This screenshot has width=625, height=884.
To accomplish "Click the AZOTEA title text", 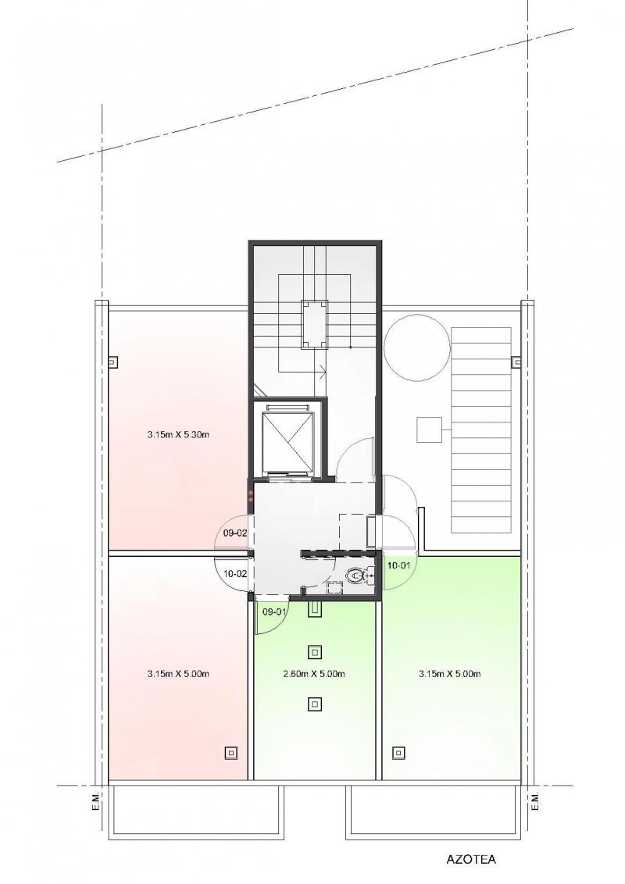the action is click(471, 859).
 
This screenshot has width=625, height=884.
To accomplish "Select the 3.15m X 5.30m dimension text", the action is click(178, 435).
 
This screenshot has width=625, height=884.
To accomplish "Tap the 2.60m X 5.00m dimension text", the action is click(314, 674).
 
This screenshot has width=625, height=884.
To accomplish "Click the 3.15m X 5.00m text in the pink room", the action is click(178, 673).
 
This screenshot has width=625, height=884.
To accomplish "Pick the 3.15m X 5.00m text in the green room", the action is click(449, 673).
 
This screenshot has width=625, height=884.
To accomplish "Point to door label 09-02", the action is click(235, 533).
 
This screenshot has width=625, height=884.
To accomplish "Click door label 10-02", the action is click(235, 573).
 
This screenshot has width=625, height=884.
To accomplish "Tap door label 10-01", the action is click(398, 565).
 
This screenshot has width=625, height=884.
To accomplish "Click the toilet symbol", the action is click(356, 575).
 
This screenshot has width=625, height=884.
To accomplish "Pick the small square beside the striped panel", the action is click(429, 430).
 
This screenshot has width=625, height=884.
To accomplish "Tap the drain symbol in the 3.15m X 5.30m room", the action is click(113, 362).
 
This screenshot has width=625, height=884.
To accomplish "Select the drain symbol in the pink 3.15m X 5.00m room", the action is click(230, 752).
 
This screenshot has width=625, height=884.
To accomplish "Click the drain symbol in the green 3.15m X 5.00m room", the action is click(398, 752).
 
